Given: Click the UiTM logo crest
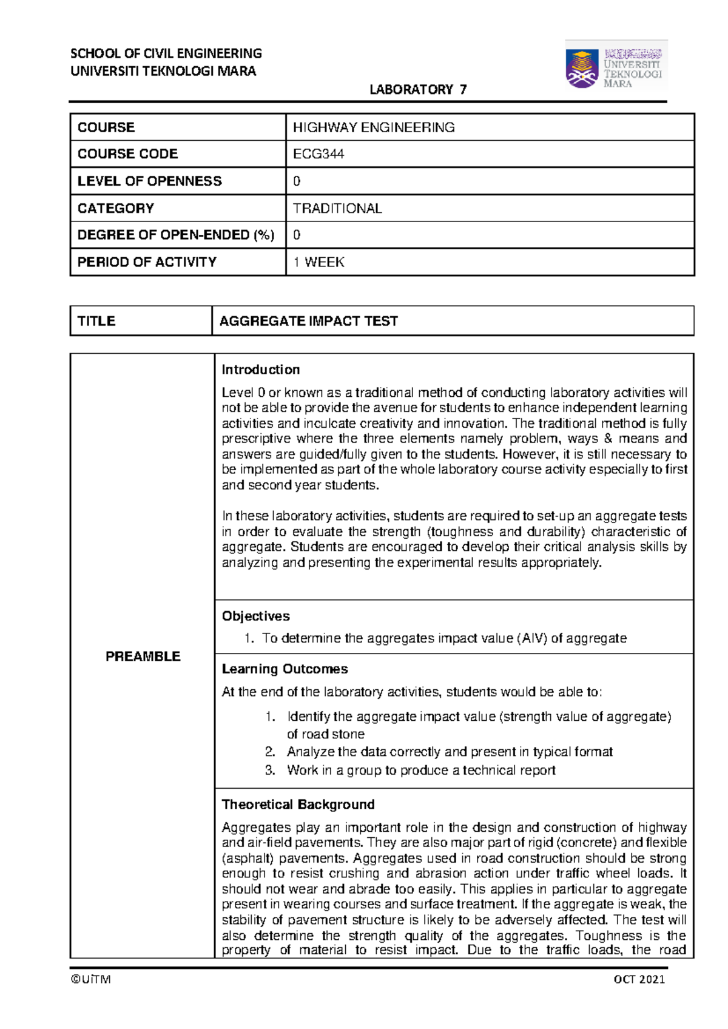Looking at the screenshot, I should point(582,69).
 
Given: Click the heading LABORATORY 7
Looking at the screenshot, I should point(418,90).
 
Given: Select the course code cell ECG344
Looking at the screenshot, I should point(318,154).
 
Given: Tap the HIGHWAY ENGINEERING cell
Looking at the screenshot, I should point(374,127).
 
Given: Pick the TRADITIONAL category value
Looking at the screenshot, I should point(337,209).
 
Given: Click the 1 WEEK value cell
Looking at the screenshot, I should point(318,262).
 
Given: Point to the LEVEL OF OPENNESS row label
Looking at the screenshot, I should point(149,181).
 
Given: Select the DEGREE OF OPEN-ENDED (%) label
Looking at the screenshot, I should point(175,235).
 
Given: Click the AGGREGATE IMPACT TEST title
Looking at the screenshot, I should point(308,321).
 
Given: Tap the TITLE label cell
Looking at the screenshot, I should point(96,321).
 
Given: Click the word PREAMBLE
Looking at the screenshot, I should point(143,656).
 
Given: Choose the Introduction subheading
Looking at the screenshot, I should point(260,369).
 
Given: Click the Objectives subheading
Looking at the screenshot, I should point(255,616).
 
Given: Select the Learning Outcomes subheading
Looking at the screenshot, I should point(285,669).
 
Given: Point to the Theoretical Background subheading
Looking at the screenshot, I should point(298,805).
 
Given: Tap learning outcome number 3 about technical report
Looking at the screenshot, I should point(421,770).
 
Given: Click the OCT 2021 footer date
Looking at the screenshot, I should point(639,979).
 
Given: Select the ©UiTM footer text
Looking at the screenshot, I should point(90,979).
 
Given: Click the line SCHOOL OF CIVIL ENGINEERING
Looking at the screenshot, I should point(166,53).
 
